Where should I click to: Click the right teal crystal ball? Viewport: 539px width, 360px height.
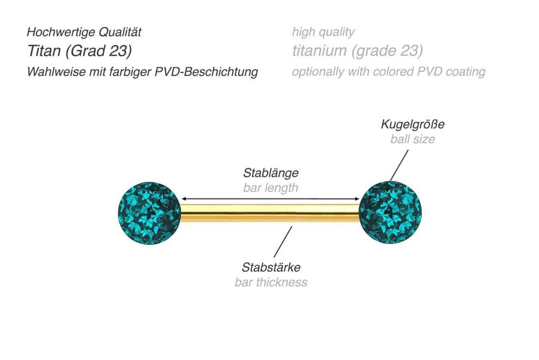pos(390,212)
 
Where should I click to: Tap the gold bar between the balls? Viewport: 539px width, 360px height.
pos(270,214)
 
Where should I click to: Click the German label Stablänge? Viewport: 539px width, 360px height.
pos(270,173)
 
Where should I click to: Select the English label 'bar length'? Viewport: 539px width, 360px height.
pos(270,187)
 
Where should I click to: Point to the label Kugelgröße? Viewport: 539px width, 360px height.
pos(412,125)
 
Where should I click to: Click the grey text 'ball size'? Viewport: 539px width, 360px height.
pos(412,139)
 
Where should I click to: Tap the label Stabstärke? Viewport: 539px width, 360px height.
pos(270,267)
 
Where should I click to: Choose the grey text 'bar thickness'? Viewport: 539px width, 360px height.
pos(270,281)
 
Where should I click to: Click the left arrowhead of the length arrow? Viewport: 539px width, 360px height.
pos(183,199)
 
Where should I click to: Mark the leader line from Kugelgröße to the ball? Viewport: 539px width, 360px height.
pos(401,163)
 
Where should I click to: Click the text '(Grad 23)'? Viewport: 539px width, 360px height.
pos(94,50)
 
